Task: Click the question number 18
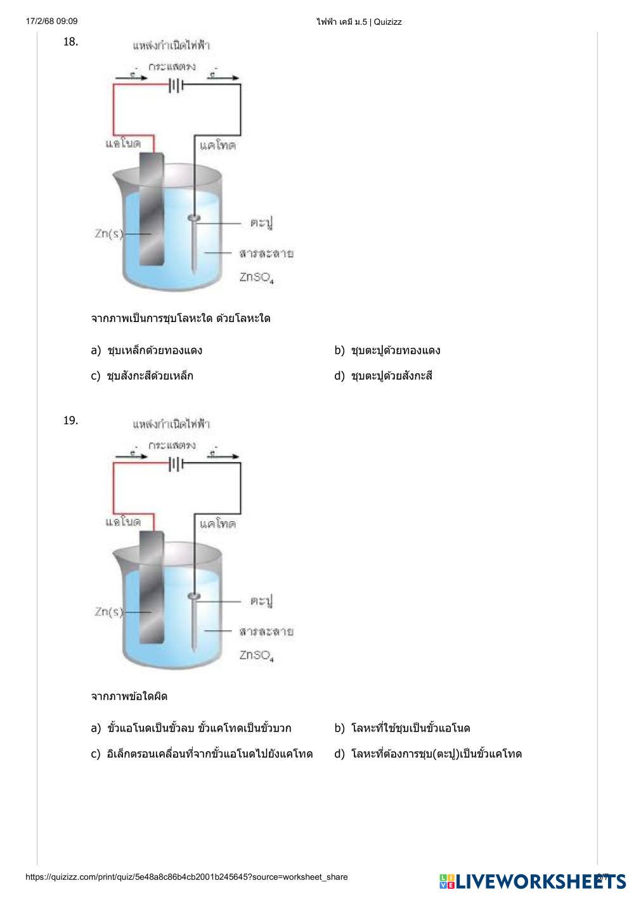[x=70, y=42]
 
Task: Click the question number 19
[x=70, y=420]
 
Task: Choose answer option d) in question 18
[x=384, y=376]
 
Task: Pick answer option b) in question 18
[x=387, y=350]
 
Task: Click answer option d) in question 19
[x=428, y=754]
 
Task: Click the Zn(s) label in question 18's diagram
[x=108, y=234]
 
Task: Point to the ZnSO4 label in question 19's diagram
[x=257, y=655]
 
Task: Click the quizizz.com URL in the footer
[x=186, y=877]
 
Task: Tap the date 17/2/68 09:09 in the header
[x=52, y=22]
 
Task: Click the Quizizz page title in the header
[x=359, y=22]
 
